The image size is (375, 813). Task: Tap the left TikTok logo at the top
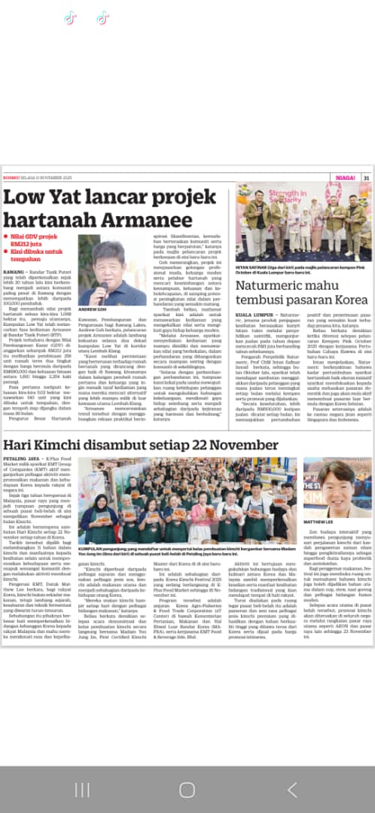[x=71, y=17]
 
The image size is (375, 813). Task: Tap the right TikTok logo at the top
[x=102, y=17]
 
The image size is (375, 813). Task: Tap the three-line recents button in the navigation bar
[x=82, y=790]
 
